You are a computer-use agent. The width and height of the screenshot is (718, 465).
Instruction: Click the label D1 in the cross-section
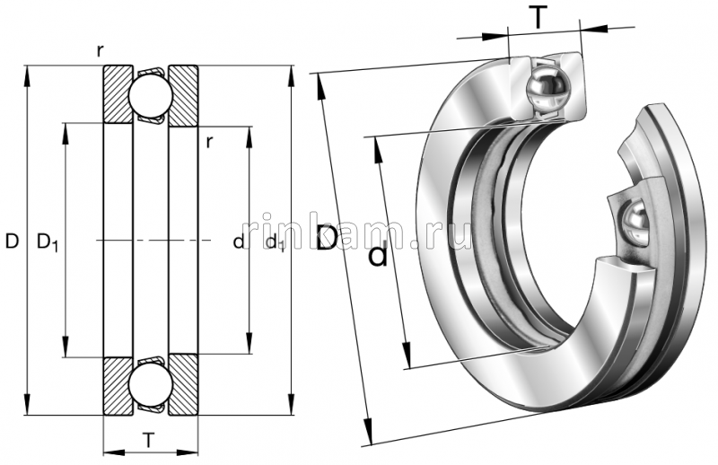47,241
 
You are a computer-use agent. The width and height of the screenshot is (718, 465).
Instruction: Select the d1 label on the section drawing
275,242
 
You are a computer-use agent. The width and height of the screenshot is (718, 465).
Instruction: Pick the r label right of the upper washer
208,141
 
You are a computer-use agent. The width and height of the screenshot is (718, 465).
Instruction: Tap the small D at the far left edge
12,241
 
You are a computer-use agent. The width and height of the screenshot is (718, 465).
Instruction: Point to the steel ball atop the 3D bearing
548,88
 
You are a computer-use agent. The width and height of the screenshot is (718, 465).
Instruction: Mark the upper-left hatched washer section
117,94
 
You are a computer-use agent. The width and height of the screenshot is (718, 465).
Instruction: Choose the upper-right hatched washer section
183,94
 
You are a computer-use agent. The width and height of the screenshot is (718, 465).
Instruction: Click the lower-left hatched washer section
117,386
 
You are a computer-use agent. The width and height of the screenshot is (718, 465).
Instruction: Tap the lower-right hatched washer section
183,386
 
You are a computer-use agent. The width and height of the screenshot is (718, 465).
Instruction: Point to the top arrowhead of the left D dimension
28,72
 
